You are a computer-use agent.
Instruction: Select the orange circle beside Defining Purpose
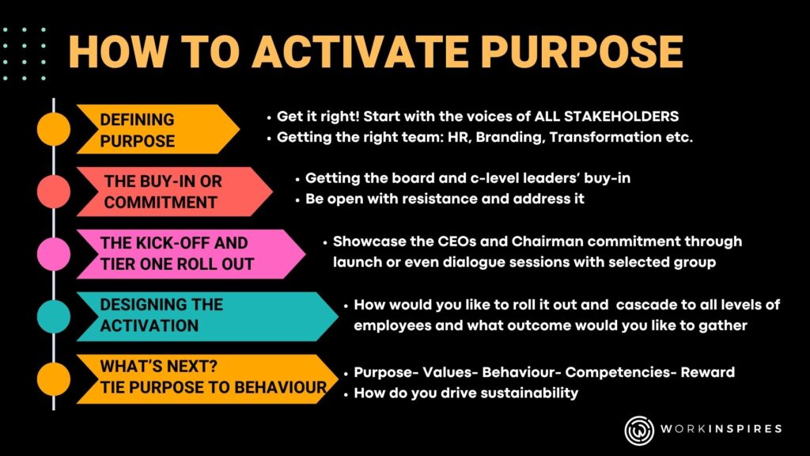(x=54, y=129)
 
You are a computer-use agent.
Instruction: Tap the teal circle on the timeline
(x=54, y=317)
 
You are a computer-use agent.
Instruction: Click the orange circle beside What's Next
(x=54, y=378)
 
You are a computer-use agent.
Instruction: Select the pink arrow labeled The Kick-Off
(x=190, y=254)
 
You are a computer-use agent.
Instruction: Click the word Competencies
(x=622, y=372)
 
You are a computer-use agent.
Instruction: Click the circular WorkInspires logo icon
(x=640, y=429)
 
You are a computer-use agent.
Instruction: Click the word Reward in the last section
(x=708, y=372)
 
